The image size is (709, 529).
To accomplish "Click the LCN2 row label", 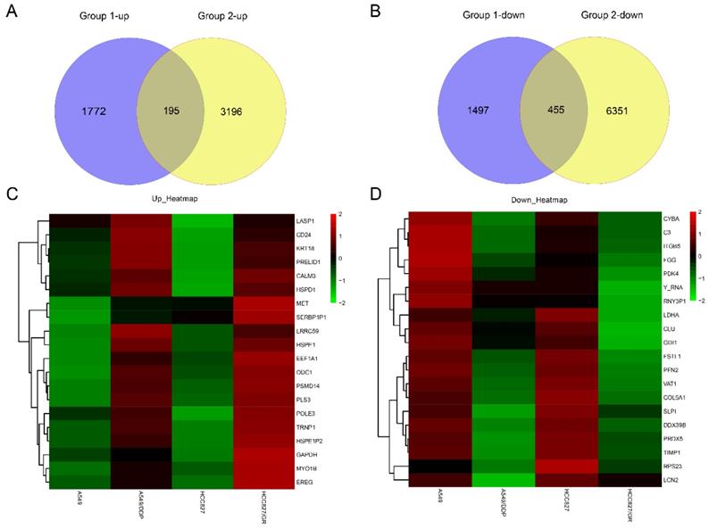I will [670, 481].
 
